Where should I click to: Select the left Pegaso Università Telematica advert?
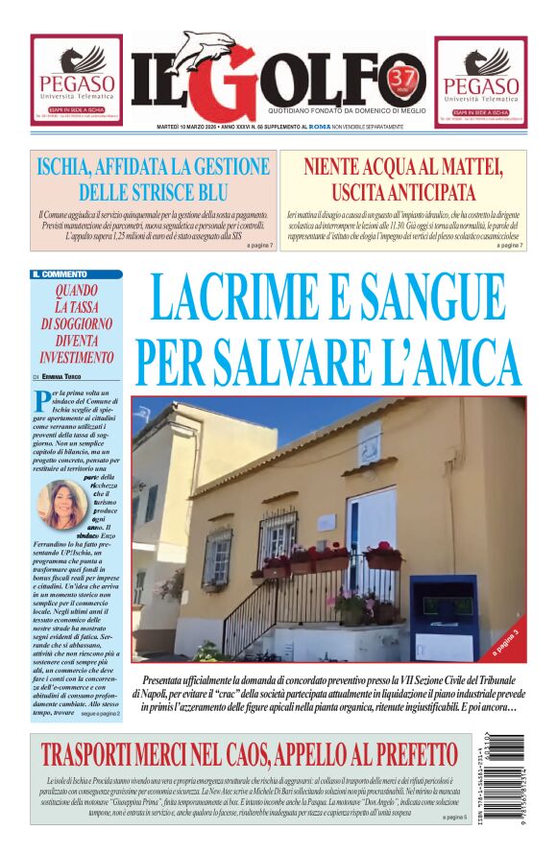pos(76,81)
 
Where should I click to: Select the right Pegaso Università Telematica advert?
pos(480,81)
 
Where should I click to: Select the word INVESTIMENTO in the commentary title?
pos(77,357)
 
